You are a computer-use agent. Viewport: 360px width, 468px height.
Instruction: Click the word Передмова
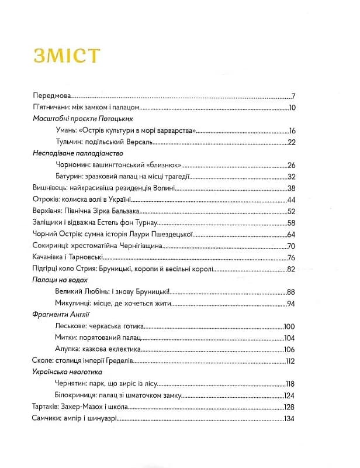tap(52, 97)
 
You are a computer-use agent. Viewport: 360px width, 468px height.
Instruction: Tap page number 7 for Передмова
tap(294, 97)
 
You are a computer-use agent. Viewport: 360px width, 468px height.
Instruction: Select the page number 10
tap(293, 108)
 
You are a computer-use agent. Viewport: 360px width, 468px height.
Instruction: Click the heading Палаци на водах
tap(57, 280)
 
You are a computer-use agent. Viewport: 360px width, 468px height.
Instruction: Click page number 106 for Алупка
tap(290, 349)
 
